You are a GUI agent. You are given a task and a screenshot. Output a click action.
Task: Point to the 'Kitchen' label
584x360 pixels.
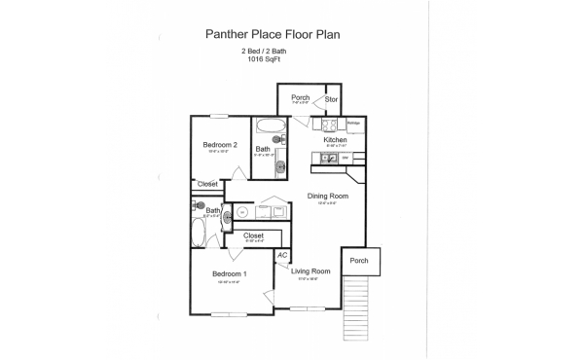(x=336, y=140)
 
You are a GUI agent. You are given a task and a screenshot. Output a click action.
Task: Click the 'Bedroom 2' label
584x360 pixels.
(x=220, y=145)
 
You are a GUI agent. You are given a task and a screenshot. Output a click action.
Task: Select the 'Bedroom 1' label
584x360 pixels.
(x=230, y=273)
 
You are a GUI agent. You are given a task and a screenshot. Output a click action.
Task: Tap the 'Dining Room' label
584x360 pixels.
(x=327, y=196)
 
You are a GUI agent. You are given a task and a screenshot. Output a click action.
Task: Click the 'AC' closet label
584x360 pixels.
(x=281, y=255)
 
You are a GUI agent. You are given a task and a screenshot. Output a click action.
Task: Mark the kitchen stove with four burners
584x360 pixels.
(x=328, y=125)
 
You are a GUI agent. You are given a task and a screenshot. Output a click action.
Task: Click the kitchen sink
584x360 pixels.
(x=335, y=157)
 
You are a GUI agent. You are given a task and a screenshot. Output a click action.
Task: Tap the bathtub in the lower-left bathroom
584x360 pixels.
(x=200, y=234)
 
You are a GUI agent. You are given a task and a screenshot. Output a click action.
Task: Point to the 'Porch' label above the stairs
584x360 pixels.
(x=359, y=260)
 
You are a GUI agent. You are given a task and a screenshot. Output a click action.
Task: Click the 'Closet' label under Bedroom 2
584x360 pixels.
(x=207, y=184)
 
